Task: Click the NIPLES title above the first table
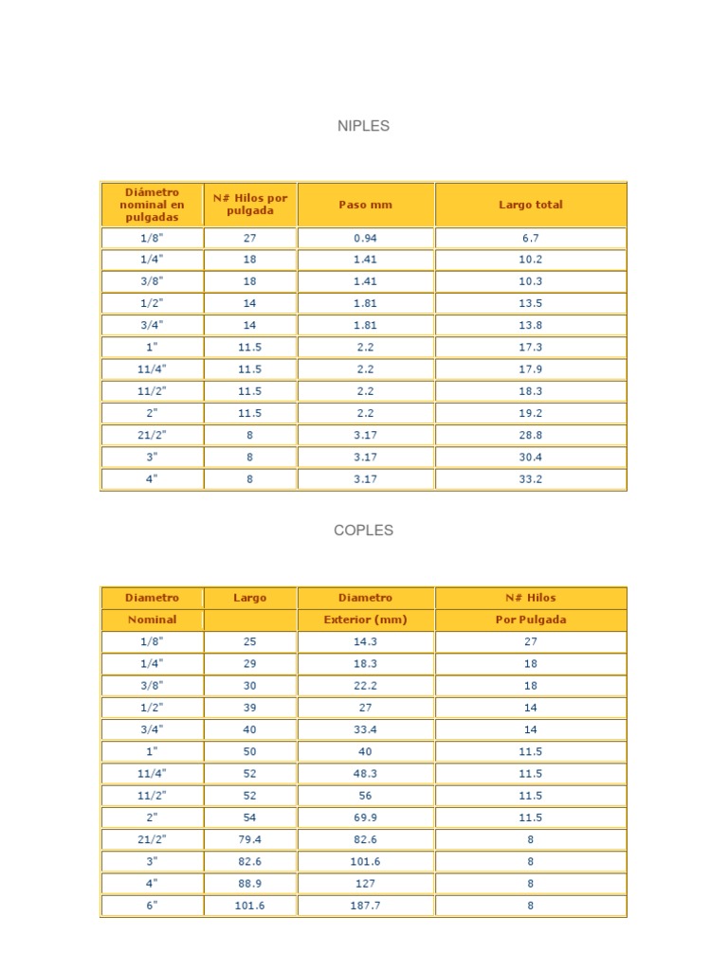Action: click(x=363, y=126)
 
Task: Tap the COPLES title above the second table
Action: click(x=363, y=530)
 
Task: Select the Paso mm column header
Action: click(x=365, y=205)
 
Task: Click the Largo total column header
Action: click(x=530, y=205)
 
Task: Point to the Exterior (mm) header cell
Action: click(x=365, y=620)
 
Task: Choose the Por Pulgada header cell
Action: click(x=530, y=620)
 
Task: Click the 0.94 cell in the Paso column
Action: click(x=365, y=238)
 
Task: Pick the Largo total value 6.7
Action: click(x=530, y=238)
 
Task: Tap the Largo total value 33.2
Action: click(x=530, y=479)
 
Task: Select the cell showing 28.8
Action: click(x=530, y=435)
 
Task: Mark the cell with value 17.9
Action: click(x=530, y=369)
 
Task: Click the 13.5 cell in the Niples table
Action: click(x=530, y=303)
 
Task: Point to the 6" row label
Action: click(x=152, y=906)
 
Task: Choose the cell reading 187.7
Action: click(x=365, y=906)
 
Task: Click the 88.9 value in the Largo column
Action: click(x=250, y=884)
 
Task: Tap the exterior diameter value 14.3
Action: click(x=365, y=641)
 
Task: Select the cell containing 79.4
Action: click(x=250, y=839)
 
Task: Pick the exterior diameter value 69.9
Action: click(x=365, y=817)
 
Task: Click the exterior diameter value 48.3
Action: click(x=365, y=774)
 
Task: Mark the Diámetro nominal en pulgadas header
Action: click(x=152, y=205)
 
